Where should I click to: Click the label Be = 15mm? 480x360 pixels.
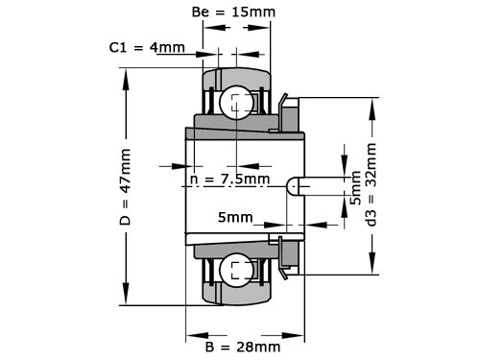(233, 12)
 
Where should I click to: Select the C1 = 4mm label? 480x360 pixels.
(147, 48)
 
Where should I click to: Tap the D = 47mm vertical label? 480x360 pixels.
(125, 187)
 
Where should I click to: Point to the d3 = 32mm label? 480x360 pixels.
(372, 184)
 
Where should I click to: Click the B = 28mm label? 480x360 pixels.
(243, 347)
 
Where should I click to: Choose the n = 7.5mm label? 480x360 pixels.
(229, 179)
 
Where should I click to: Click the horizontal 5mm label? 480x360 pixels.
(235, 218)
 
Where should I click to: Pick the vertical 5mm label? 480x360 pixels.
(356, 187)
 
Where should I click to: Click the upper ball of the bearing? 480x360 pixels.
(236, 103)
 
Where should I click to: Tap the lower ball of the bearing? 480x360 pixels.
(236, 271)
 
